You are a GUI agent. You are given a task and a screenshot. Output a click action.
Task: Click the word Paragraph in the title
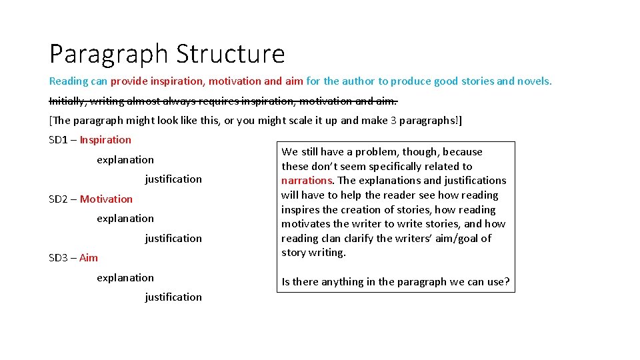tap(109, 54)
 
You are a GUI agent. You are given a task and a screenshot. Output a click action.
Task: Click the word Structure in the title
tap(230, 54)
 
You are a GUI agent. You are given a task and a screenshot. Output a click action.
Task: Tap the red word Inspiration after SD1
tap(105, 139)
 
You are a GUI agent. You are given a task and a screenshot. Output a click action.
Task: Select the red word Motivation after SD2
tap(106, 199)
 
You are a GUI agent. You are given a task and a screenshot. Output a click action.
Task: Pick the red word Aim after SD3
tap(89, 258)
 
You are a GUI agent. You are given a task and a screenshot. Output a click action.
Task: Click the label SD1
tap(59, 139)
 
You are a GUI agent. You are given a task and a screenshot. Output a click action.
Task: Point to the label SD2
tap(59, 199)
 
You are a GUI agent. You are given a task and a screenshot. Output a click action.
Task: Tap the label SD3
tap(59, 258)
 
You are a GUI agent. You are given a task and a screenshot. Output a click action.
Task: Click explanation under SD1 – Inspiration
tap(125, 159)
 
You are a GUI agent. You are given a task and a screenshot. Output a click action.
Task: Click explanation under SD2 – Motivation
tap(125, 218)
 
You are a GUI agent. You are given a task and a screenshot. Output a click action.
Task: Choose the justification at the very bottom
tap(173, 297)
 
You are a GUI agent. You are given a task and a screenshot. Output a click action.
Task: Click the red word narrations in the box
tap(307, 181)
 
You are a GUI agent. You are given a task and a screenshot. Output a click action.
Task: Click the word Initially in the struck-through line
tap(68, 101)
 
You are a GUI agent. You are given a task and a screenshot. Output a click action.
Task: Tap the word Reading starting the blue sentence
tap(68, 81)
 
